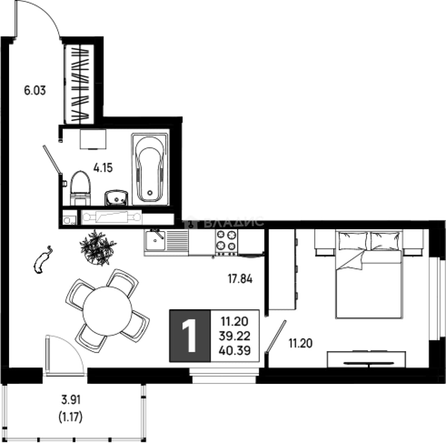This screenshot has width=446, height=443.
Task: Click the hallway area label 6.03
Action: (x=35, y=91)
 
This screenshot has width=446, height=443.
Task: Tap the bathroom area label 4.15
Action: (x=103, y=168)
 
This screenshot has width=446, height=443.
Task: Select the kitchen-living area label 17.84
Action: (x=240, y=279)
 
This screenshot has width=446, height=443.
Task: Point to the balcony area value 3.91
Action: (x=71, y=400)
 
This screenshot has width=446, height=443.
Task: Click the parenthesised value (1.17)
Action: (x=70, y=417)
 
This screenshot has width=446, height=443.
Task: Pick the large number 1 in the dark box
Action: (x=189, y=336)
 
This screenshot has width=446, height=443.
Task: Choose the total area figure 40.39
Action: (x=235, y=350)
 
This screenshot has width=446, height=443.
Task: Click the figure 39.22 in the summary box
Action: (x=235, y=336)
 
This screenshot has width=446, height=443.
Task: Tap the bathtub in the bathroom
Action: (x=150, y=169)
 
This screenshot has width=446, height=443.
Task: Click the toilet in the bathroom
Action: (x=81, y=188)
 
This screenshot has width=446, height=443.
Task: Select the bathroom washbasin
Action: (x=116, y=198)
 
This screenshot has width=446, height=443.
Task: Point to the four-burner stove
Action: (x=226, y=242)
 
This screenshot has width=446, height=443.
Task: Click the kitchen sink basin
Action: (x=155, y=240)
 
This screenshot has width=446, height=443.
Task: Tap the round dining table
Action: (x=107, y=311)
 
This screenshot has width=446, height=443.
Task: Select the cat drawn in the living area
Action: (x=43, y=260)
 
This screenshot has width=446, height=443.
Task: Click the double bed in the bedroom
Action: (x=369, y=274)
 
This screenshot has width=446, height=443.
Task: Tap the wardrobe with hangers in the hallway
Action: (x=79, y=84)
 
